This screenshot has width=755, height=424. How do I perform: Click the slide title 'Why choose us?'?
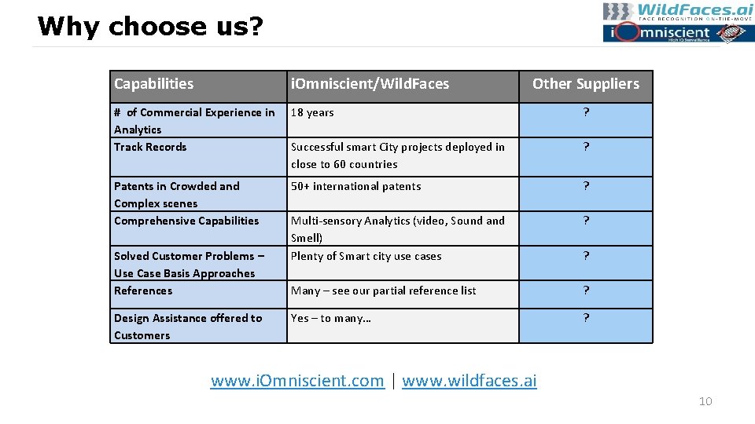coord(150,27)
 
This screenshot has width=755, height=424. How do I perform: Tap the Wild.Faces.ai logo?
coord(678,12)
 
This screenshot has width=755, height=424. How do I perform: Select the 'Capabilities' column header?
coord(153,84)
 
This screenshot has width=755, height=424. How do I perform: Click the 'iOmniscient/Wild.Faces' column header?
coord(370,84)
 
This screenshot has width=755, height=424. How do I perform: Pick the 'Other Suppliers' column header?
coord(586,84)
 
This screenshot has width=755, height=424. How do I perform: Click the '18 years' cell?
coord(312,113)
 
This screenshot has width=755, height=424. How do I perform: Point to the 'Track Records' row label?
coord(150,148)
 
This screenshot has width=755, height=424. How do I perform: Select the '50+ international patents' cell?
coord(355,187)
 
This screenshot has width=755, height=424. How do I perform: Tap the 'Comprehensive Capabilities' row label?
coord(186,221)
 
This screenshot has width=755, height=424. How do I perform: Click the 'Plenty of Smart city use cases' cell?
coord(366,257)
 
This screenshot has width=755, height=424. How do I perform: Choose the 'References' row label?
coord(143,291)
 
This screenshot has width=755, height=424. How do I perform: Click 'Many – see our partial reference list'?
coord(383,291)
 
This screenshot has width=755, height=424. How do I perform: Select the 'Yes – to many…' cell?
coord(330,319)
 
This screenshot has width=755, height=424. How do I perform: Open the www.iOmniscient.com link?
coord(297,382)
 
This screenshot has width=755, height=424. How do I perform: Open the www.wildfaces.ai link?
coord(470,382)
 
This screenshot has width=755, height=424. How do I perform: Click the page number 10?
coord(705,402)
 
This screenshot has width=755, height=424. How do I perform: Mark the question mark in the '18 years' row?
coord(586,113)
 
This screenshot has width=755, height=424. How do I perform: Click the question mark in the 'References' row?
coord(586,291)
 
